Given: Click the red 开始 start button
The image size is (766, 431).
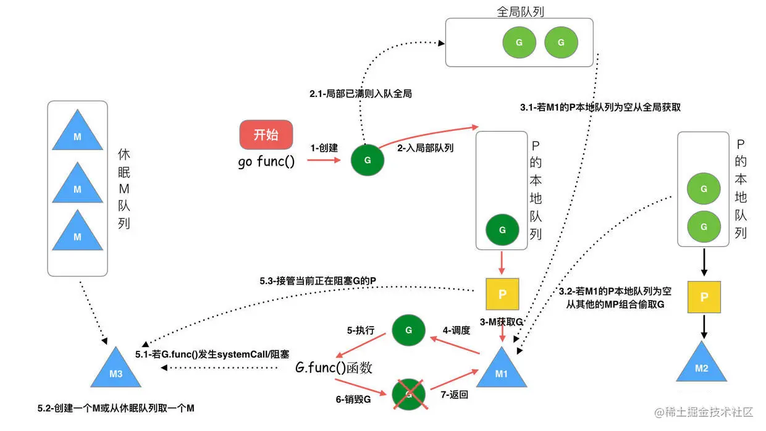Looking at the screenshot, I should [x=266, y=135].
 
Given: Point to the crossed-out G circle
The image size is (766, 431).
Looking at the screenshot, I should [x=408, y=393].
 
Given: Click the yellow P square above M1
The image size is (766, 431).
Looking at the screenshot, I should [x=502, y=295].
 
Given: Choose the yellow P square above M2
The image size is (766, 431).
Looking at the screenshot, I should [x=704, y=298].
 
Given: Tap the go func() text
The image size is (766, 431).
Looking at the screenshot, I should [x=266, y=162].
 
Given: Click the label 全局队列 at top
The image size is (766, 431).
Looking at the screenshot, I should [x=520, y=11].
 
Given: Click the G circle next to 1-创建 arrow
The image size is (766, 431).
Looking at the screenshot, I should [x=368, y=160].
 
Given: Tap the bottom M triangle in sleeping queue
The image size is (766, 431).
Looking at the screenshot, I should [x=77, y=233].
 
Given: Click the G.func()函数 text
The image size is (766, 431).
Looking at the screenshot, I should [x=334, y=368].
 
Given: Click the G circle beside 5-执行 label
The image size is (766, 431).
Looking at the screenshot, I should [x=408, y=330].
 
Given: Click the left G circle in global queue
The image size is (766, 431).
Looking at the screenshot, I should [x=518, y=43].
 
